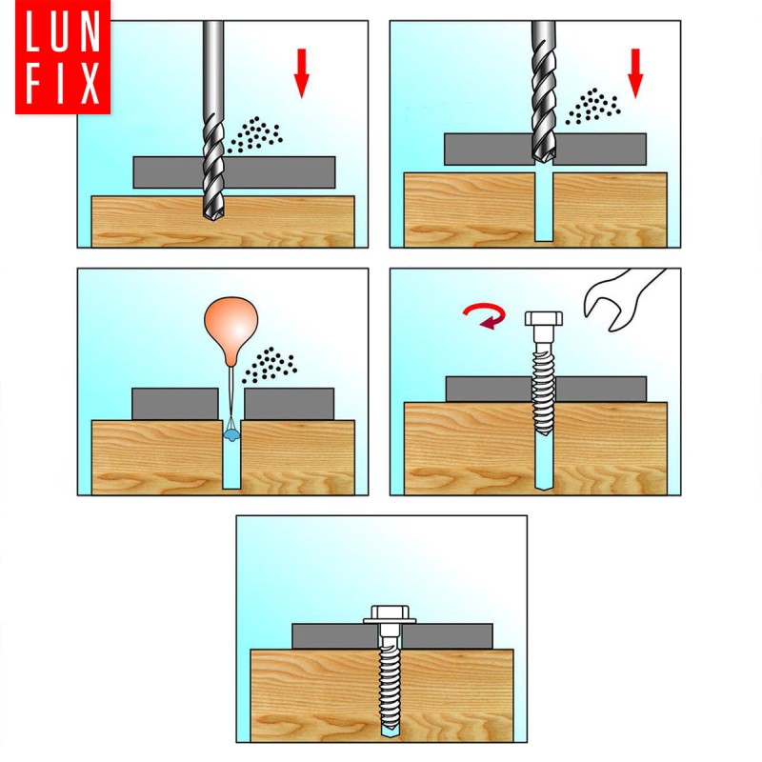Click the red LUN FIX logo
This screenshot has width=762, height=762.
[x=63, y=57]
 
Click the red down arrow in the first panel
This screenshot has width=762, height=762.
[x=301, y=73]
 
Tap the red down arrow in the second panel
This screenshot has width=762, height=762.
[x=635, y=73]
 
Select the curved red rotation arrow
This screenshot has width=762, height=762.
[x=486, y=315]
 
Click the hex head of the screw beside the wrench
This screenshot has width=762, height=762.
[x=544, y=319]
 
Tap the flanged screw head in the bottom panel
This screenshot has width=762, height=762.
[x=390, y=614]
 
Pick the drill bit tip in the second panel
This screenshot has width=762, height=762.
[x=543, y=157]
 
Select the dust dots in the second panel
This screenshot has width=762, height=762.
[x=592, y=106]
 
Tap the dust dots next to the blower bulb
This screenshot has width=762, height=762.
[x=269, y=365]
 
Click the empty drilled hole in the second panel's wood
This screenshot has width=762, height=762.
[x=544, y=207]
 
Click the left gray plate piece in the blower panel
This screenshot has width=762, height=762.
[x=175, y=404]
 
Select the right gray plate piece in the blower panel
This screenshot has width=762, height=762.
[x=290, y=404]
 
